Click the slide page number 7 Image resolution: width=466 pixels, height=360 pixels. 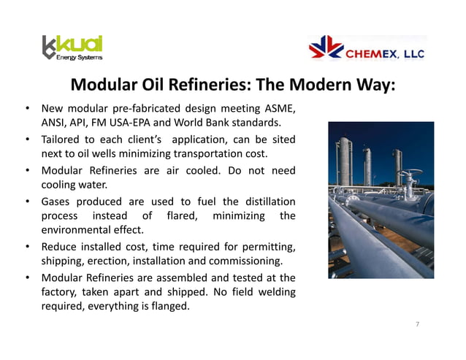[417, 323]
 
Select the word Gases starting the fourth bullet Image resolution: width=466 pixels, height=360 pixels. [57, 202]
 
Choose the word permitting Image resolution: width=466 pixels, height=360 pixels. [268, 247]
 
